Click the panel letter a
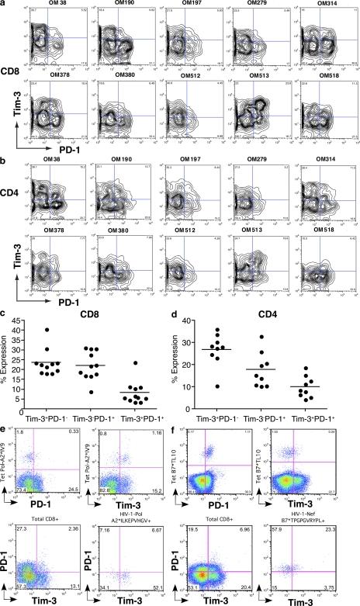4,4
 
